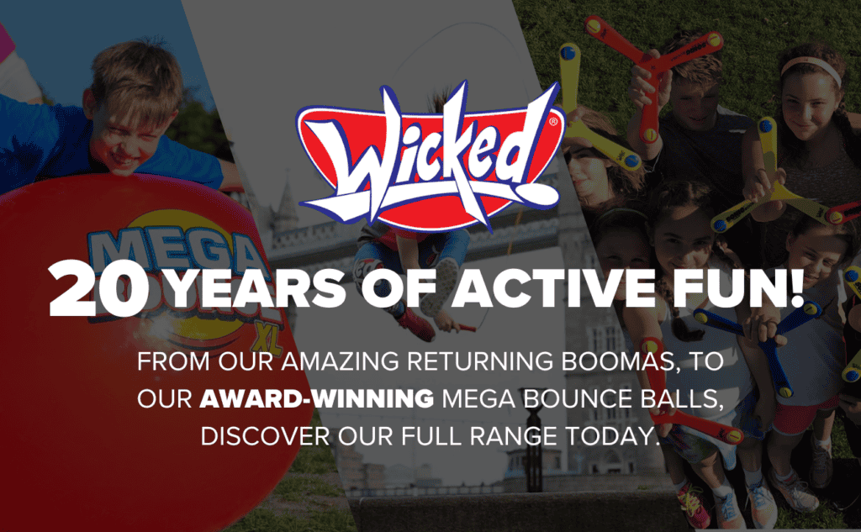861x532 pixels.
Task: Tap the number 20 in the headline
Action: coord(99,289)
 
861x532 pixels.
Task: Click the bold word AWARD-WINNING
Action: coord(316,399)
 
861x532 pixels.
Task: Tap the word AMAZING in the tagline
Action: coord(341,361)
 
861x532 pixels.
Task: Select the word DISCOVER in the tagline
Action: coord(265,436)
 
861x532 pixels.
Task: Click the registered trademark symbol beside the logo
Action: coord(553,121)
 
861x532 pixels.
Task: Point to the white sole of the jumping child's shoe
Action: coord(446,287)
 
